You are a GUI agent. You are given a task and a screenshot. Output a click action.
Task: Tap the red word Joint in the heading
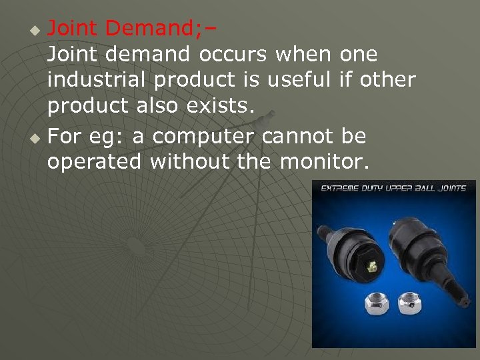click(x=73, y=29)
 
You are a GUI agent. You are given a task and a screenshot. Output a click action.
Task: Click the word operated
click(x=94, y=162)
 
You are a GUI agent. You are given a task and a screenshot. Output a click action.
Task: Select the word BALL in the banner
click(x=418, y=189)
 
